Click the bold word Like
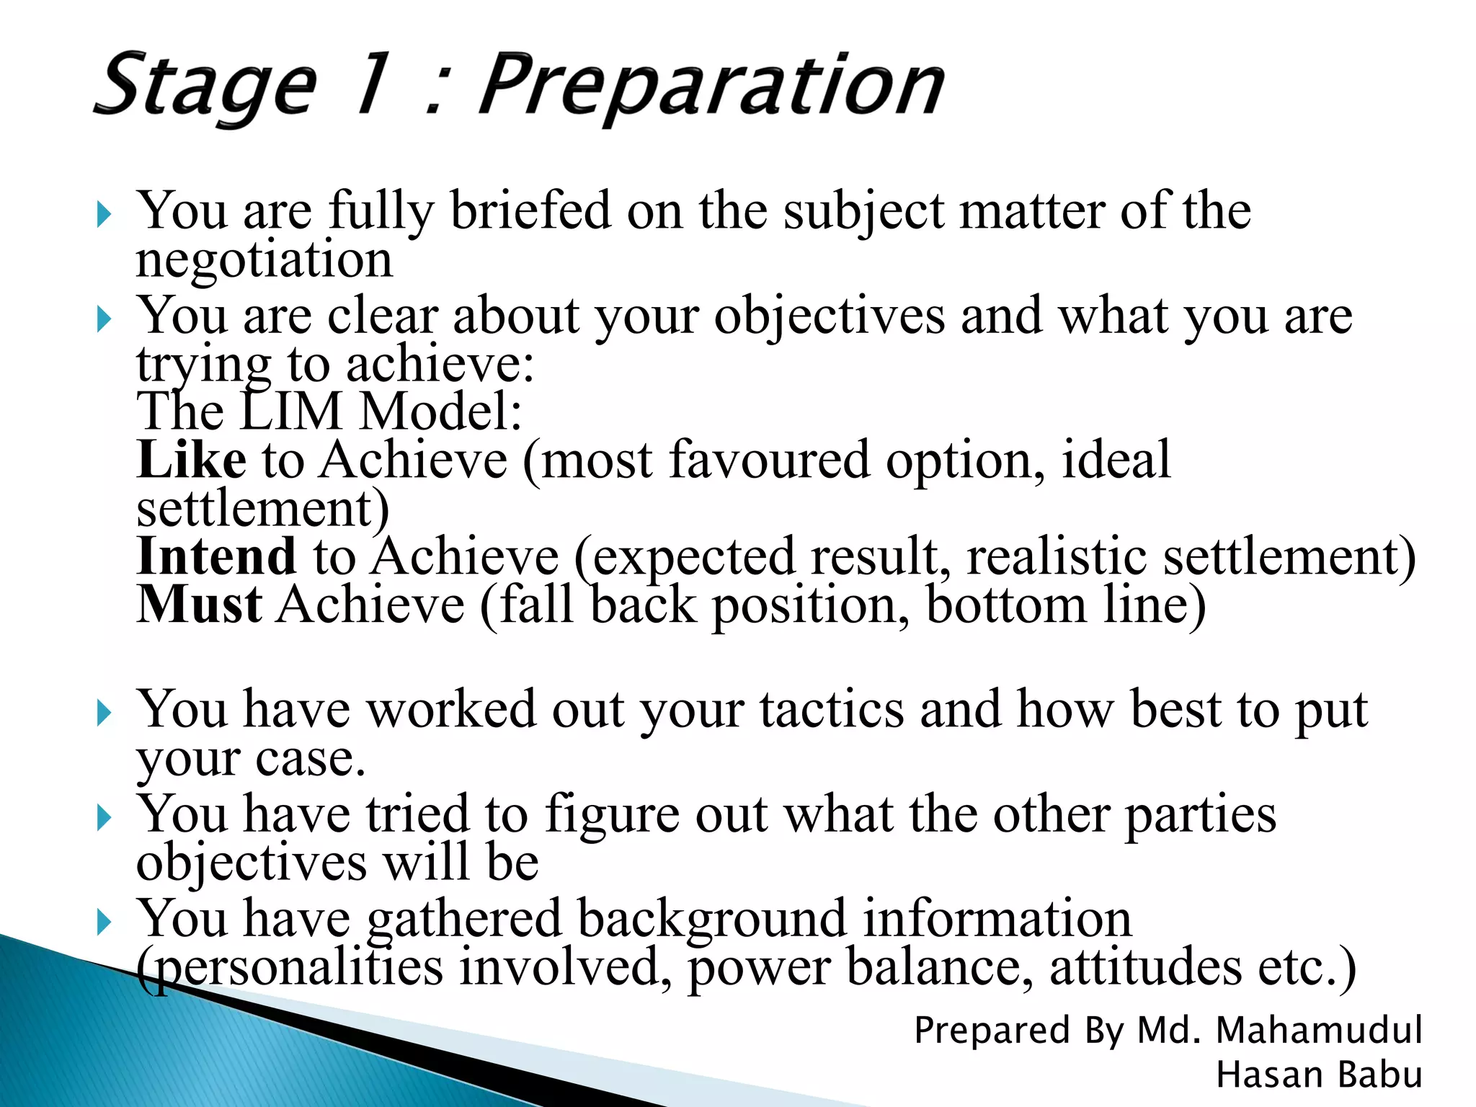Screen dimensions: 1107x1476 pos(192,460)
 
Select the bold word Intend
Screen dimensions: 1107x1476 pos(216,556)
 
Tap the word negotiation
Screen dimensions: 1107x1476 pos(264,259)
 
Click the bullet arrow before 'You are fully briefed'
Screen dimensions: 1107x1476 pos(105,214)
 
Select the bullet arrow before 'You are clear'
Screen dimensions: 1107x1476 pos(105,319)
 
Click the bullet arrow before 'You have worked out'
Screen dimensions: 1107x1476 pos(105,713)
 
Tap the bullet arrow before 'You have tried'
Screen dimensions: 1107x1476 pos(105,818)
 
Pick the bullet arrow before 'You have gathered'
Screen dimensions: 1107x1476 pos(105,922)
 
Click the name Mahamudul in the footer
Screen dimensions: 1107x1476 pos(1318,1030)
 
